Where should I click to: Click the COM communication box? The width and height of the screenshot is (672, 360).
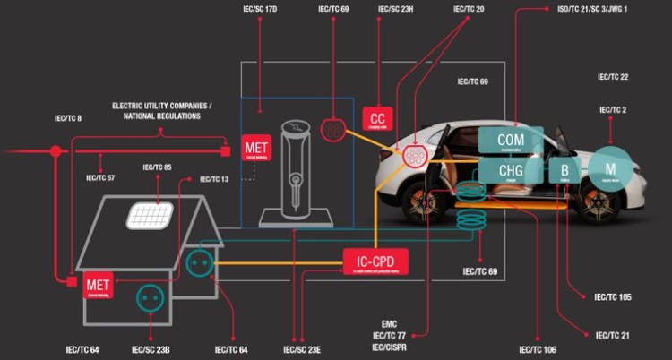(511, 141)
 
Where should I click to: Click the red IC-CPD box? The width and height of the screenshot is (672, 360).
(376, 262)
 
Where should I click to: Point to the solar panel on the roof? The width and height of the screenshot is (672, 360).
(151, 214)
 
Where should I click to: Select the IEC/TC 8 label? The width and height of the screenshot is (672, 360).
(67, 118)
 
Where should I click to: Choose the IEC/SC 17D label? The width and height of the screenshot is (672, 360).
(259, 9)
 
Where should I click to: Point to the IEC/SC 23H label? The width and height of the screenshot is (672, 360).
(394, 9)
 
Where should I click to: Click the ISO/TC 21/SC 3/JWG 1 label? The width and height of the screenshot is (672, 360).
(592, 9)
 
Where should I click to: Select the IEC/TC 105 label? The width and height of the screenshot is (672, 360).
(615, 296)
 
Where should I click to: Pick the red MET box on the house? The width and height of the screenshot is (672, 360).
(98, 286)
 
